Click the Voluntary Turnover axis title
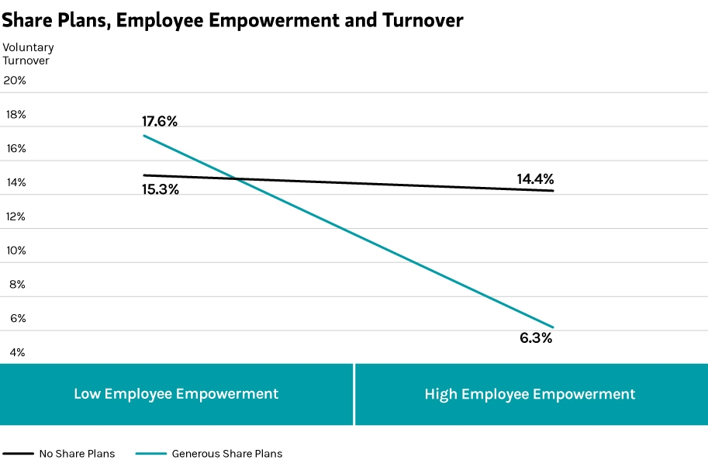(x=28, y=54)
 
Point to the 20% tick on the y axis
(x=15, y=80)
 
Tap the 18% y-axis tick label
(x=16, y=114)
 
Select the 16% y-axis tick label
(x=16, y=148)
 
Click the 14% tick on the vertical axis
(x=16, y=182)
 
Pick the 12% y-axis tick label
(x=16, y=216)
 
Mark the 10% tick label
(x=16, y=250)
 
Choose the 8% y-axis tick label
(x=17, y=284)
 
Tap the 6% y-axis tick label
(x=17, y=318)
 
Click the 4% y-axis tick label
(x=17, y=352)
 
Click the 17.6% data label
(x=160, y=121)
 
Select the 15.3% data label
(x=161, y=189)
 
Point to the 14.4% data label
(x=535, y=179)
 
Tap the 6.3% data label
(x=536, y=338)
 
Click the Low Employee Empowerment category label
(x=176, y=394)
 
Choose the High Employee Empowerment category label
(x=530, y=394)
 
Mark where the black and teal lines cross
(x=237, y=179)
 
